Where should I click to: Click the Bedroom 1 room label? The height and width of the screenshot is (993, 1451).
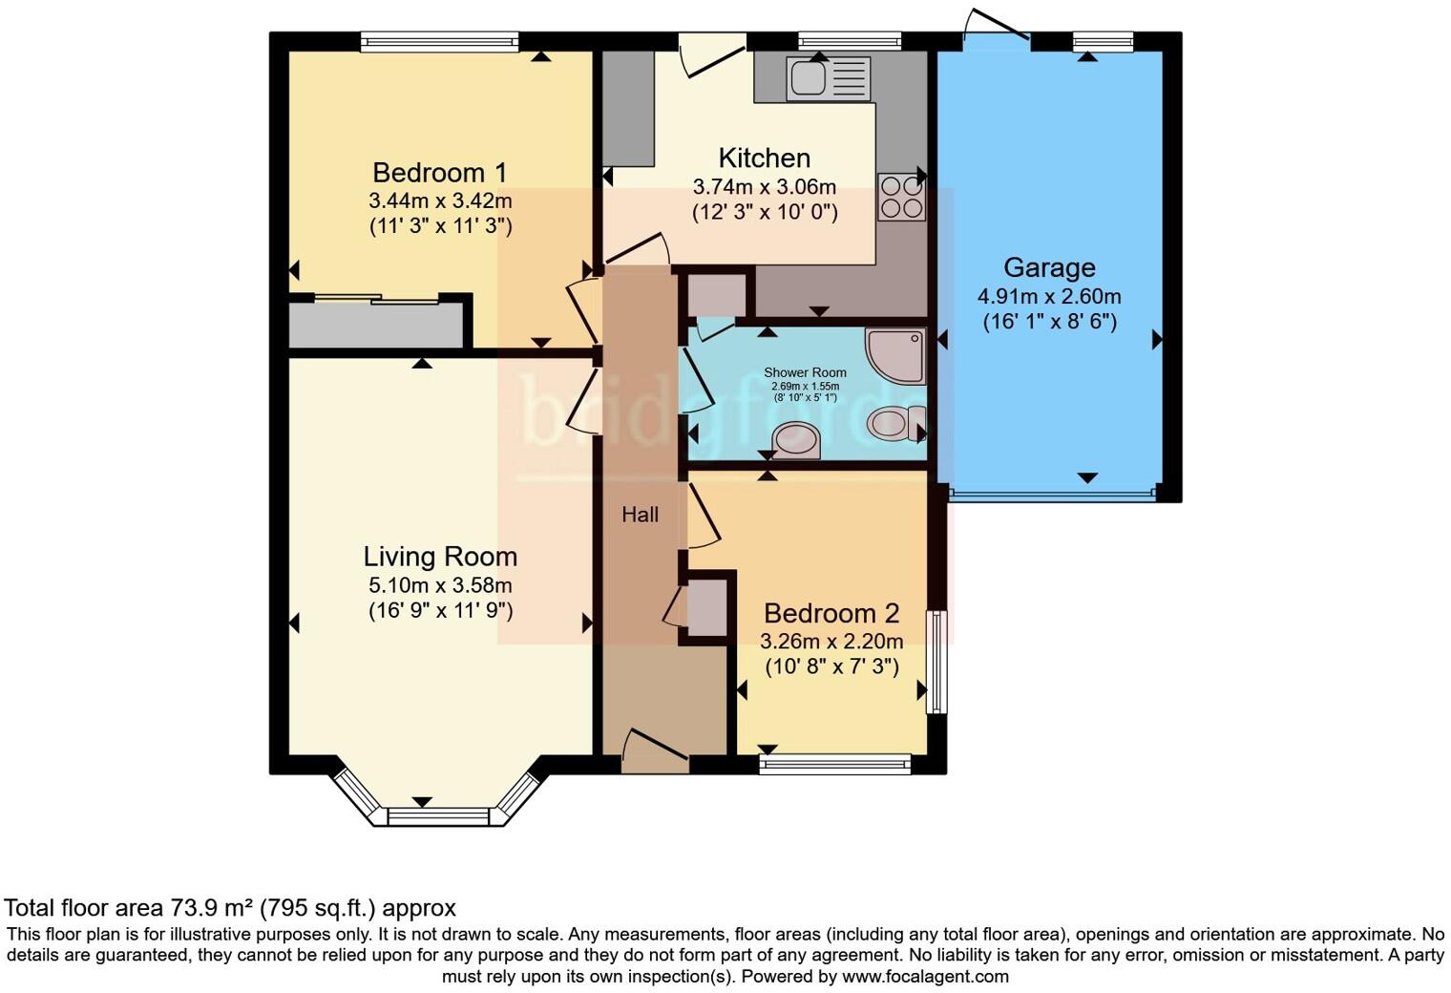(439, 173)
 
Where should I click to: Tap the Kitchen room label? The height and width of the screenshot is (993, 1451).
(764, 158)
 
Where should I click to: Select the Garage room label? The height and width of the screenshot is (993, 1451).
(1048, 267)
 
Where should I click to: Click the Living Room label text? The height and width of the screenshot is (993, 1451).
(440, 557)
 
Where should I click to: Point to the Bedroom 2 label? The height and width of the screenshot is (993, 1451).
(831, 613)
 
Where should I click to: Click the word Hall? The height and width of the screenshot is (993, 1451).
(640, 515)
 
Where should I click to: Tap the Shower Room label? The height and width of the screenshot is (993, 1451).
(805, 372)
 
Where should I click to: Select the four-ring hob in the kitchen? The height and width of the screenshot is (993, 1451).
(900, 197)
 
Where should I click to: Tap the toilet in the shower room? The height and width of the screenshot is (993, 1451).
(896, 421)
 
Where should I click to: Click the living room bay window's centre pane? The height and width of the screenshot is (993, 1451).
(438, 816)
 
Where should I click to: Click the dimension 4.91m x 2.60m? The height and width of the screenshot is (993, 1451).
(1048, 296)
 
